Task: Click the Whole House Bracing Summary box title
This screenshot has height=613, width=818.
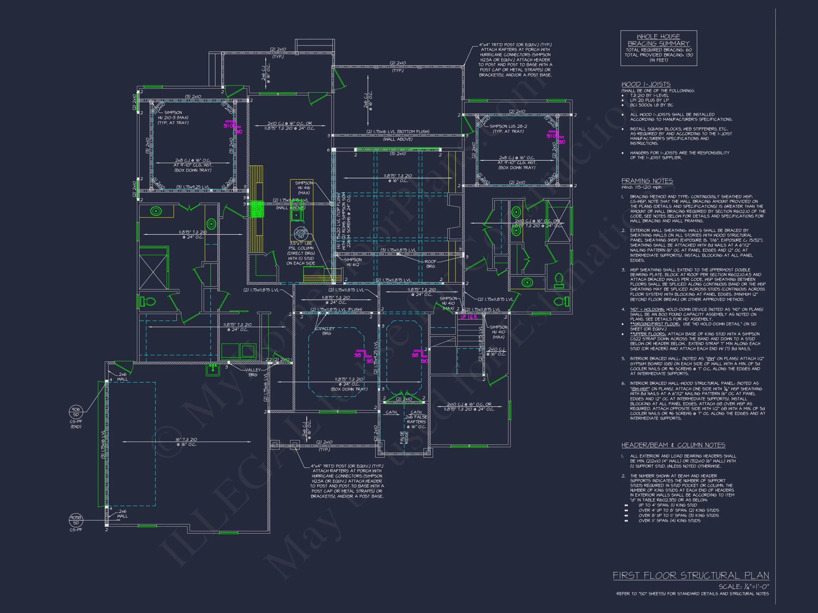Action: coord(658,40)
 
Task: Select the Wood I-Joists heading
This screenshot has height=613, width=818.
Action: coord(646,84)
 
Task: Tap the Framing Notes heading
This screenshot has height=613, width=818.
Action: coord(647,181)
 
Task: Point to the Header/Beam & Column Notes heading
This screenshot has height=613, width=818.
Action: coord(673,445)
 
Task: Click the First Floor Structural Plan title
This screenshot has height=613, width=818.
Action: coord(691,575)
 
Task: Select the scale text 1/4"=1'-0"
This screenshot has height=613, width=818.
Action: coord(744,587)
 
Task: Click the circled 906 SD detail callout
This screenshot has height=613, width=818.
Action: coord(76,411)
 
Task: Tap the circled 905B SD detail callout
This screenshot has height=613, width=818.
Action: coord(76,520)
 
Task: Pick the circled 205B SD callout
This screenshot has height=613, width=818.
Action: coord(301,233)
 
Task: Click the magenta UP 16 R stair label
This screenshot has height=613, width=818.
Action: coord(469,317)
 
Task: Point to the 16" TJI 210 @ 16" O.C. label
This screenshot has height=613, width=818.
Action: coord(186,442)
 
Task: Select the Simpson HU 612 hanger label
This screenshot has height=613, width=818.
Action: coord(353,262)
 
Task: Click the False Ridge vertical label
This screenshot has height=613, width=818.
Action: coord(404,437)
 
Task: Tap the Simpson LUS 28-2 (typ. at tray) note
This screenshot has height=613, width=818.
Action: coord(508,128)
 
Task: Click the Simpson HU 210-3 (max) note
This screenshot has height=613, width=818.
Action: coord(173,117)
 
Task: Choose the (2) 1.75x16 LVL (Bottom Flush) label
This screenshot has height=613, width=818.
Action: coord(398,132)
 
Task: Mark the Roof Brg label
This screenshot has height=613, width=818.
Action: coord(430,264)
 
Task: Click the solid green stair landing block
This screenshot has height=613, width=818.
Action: coord(256,209)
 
